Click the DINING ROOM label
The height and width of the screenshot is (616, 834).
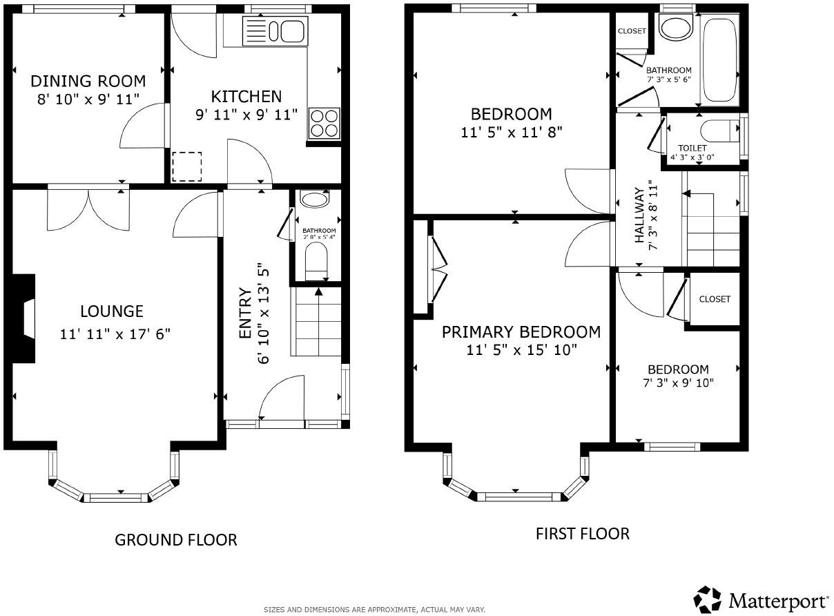tap(88, 81)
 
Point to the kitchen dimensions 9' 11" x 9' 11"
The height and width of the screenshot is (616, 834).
tap(246, 114)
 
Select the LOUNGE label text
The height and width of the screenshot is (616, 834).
tap(111, 311)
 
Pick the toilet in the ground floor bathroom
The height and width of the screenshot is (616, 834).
tap(316, 262)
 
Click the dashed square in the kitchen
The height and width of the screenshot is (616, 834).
tap(186, 166)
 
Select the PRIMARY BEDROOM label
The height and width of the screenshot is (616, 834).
tap(521, 332)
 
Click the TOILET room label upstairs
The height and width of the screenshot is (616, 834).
tap(692, 148)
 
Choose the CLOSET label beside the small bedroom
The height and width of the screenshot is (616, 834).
tap(715, 299)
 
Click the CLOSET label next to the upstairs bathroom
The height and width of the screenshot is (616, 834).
tap(632, 31)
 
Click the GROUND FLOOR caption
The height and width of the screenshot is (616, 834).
tap(175, 539)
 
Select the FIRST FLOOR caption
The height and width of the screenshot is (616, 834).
tap(582, 533)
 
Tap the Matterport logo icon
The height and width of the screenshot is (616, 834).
tap(708, 599)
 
